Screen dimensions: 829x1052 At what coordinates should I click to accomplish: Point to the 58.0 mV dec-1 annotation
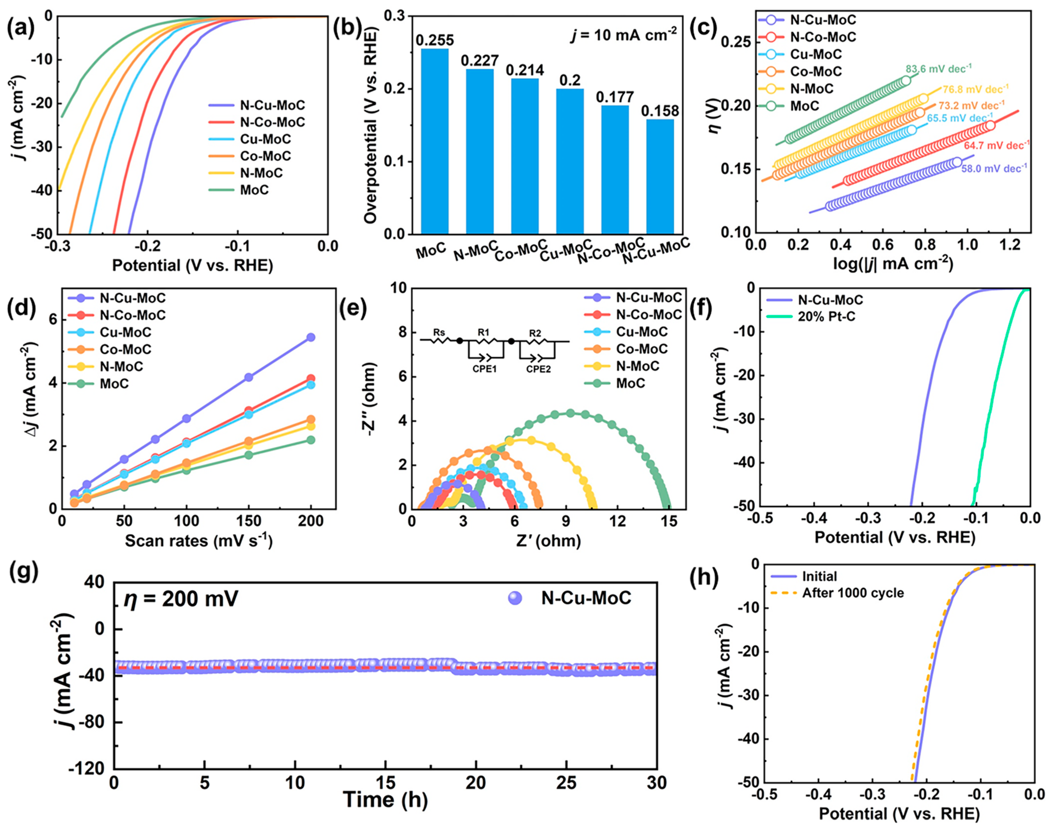[994, 168]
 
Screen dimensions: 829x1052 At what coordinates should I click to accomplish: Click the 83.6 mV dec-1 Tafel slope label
[939, 69]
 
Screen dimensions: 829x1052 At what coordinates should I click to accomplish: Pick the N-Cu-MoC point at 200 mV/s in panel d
[310, 337]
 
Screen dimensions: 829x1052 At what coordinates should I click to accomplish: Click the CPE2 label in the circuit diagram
[538, 369]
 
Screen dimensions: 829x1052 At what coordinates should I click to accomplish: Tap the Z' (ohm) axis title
[548, 541]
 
